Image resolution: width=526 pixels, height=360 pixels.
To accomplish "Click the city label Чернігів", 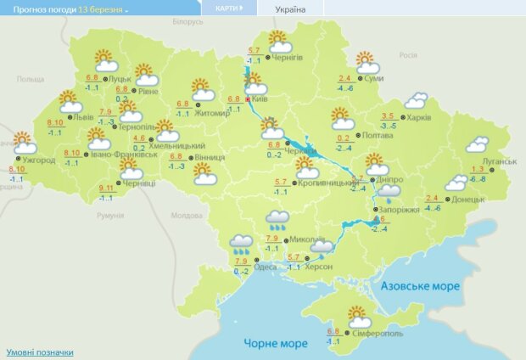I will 286,58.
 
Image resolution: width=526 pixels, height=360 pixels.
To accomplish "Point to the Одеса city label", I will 266,267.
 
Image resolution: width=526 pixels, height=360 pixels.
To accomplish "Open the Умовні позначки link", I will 40,352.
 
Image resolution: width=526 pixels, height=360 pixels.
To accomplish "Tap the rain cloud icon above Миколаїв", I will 277,221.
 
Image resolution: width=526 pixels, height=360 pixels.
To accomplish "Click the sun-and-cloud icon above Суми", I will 367,64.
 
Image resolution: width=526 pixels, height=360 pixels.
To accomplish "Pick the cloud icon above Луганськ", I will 478,145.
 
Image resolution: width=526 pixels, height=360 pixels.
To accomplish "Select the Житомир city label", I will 207,110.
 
